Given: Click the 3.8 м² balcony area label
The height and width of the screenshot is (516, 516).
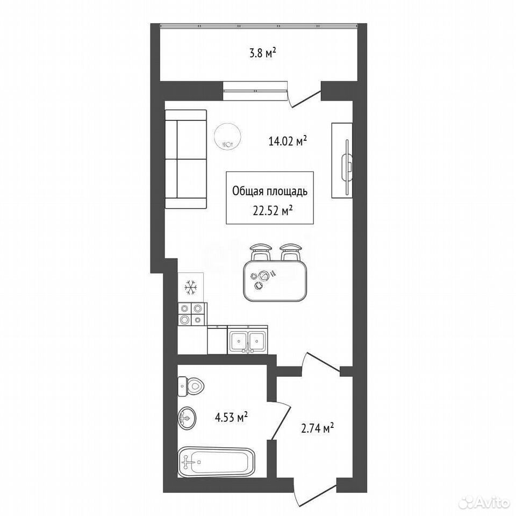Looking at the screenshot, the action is (262, 53).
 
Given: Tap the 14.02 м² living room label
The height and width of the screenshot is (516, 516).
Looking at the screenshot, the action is (288, 141).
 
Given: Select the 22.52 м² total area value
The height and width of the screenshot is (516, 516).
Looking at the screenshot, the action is (273, 211).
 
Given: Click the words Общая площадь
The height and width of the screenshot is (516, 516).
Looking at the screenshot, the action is (270, 191).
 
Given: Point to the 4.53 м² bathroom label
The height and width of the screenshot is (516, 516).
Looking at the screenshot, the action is (231, 418).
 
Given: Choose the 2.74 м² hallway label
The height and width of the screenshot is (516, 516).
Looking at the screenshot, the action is (318, 428).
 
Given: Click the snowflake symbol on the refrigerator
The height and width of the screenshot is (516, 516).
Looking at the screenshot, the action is (191, 288).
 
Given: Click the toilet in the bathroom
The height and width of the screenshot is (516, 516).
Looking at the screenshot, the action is (190, 386).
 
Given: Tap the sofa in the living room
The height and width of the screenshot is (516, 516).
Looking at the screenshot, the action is (185, 159).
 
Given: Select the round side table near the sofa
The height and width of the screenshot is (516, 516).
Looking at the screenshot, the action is (227, 136).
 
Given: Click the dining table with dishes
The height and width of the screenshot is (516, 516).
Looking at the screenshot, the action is (275, 281).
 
